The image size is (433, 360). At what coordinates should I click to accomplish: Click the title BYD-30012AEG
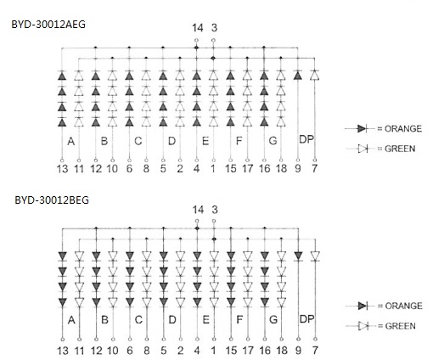coord(48,25)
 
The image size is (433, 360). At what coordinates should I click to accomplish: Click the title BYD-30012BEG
coord(52,200)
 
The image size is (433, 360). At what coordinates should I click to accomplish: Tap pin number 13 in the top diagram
coord(62,169)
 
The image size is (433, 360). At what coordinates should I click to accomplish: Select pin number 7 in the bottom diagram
coord(315,351)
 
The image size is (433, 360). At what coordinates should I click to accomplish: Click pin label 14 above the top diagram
coord(198,28)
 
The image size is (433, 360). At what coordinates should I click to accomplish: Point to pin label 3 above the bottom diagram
coord(215,210)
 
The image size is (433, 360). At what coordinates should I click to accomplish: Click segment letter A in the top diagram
coord(71,141)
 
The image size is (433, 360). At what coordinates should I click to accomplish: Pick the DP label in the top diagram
coord(306,139)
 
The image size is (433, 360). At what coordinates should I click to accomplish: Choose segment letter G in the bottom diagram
coord(273,320)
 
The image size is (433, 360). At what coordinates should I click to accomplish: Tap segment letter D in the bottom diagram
coord(172,320)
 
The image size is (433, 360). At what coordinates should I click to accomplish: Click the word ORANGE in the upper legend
coord(403,129)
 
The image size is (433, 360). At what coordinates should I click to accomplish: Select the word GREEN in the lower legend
coord(400,326)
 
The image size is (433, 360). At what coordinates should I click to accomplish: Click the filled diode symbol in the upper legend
coord(362,129)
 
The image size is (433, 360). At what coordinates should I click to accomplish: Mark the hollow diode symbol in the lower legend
coord(363,326)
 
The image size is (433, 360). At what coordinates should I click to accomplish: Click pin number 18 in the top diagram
coord(281,169)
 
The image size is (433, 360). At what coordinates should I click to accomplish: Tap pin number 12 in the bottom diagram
coord(96,351)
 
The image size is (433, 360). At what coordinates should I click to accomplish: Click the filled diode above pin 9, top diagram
coord(297,76)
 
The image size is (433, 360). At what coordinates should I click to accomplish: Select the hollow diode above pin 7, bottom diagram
coord(315,256)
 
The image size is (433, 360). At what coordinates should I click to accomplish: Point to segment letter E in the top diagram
coord(205,141)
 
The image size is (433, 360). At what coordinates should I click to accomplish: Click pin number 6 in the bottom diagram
coord(130,351)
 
